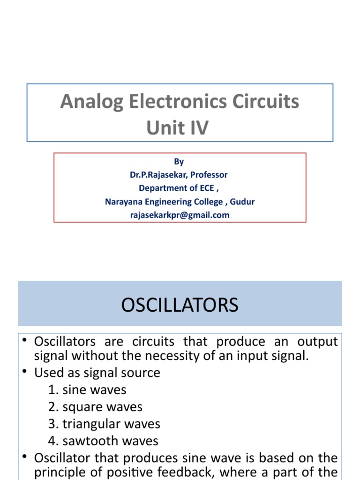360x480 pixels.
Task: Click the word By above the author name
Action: (x=179, y=162)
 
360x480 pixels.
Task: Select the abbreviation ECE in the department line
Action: (x=204, y=188)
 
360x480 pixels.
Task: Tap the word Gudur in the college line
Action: (x=242, y=202)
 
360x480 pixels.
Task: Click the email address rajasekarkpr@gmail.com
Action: (x=180, y=215)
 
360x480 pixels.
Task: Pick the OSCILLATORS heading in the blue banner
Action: (x=180, y=305)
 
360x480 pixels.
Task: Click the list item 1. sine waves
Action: (x=87, y=390)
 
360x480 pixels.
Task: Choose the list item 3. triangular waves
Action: (x=104, y=424)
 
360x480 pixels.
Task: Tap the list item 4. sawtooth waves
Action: (x=103, y=441)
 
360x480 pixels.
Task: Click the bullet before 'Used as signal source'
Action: (x=26, y=372)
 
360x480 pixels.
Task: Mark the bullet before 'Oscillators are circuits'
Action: (x=26, y=341)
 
